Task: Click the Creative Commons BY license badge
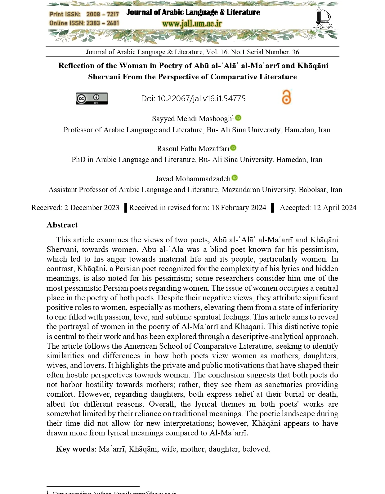[x=92, y=99]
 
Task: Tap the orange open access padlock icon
[x=286, y=97]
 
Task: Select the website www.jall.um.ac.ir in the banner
[x=192, y=24]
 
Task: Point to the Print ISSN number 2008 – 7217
[x=102, y=14]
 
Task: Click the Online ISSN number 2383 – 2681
[x=102, y=23]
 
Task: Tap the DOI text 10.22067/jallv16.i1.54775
[x=201, y=99]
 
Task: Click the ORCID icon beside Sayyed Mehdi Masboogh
[x=238, y=118]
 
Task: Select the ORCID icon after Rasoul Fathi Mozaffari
[x=233, y=148]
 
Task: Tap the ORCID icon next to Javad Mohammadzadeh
[x=235, y=178]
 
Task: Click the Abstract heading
[x=62, y=225]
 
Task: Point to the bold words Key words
[x=75, y=449]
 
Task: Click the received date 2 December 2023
[x=92, y=208]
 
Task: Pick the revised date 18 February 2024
[x=239, y=208]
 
